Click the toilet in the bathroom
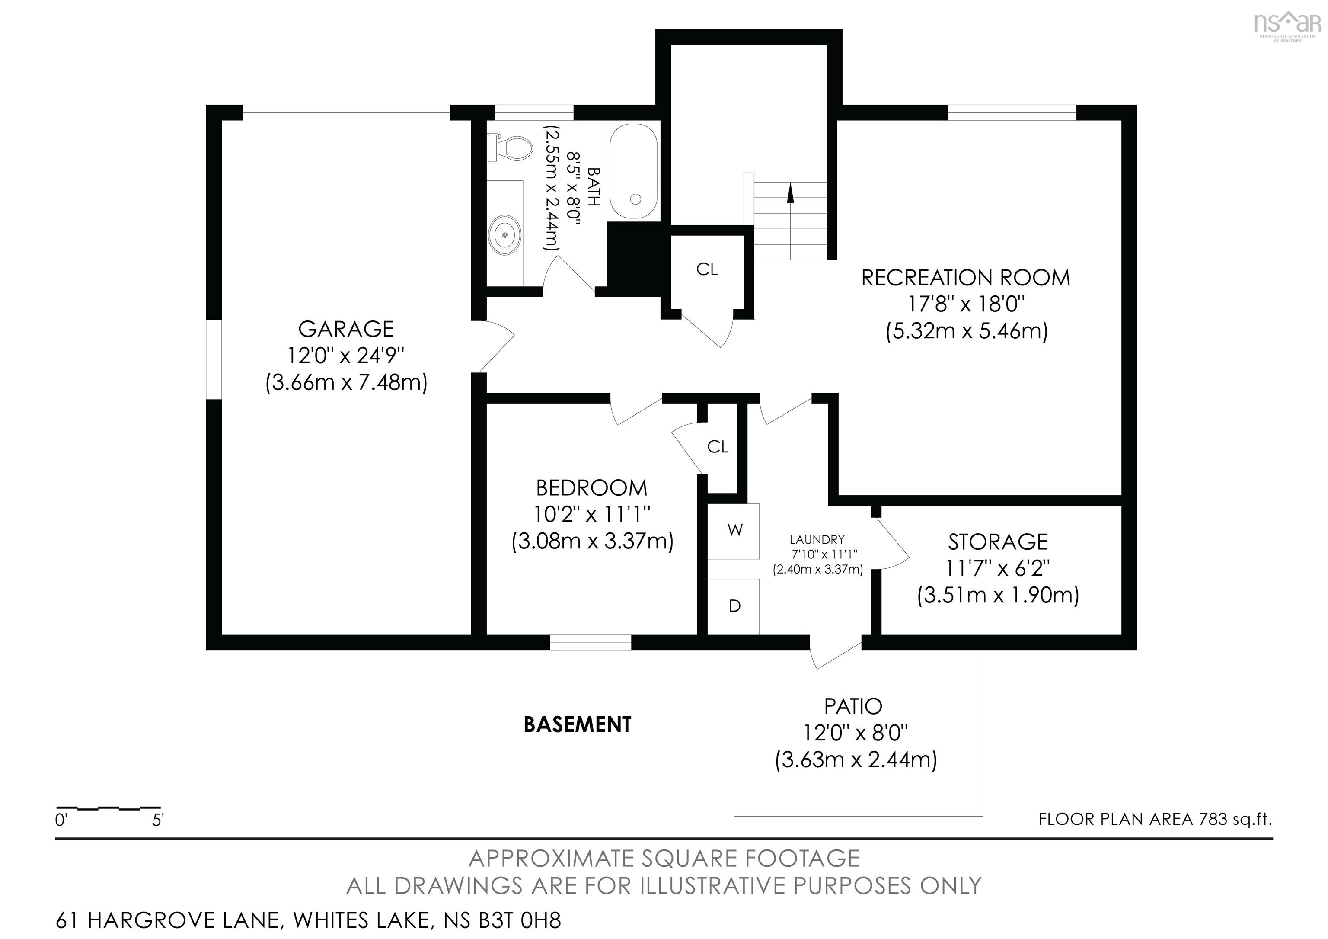point(509,149)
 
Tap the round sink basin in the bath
point(505,235)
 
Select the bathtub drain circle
point(635,199)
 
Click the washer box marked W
point(734,531)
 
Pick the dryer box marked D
point(734,606)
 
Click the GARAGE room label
point(346,329)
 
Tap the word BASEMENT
point(577,724)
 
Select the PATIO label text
point(853,706)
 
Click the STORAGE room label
point(998,542)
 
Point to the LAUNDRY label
point(817,540)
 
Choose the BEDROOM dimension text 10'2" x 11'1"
point(593,514)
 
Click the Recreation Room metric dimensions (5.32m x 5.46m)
point(967,331)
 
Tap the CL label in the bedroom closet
point(718,447)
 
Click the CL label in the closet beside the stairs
point(707,269)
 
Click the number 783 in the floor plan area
point(1213,819)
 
